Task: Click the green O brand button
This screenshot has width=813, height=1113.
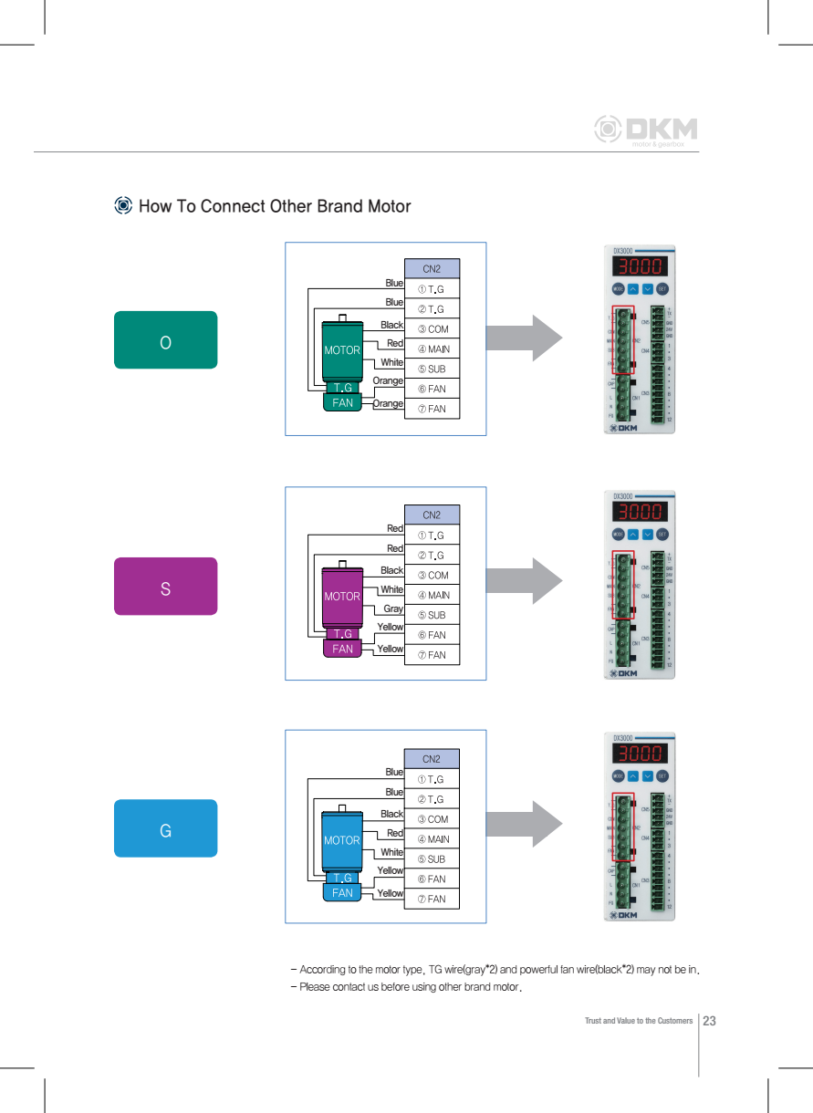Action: pos(165,340)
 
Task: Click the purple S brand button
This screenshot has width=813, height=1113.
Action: pos(165,587)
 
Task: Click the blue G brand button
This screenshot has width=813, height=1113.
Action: pos(165,828)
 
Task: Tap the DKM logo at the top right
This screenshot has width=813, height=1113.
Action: pos(646,130)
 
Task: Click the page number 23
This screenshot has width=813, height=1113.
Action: pos(709,1020)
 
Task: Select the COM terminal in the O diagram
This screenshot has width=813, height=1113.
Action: pos(432,329)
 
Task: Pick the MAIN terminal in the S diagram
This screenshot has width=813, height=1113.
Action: pos(432,596)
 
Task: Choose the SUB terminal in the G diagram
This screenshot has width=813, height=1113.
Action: pos(432,859)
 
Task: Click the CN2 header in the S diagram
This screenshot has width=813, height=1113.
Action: pos(432,515)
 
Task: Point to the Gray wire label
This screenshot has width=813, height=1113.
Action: pos(393,609)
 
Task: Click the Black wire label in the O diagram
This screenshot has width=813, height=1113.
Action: pos(391,325)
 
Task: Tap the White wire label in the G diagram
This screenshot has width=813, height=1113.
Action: pos(391,852)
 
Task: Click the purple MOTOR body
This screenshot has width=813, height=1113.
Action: pos(342,595)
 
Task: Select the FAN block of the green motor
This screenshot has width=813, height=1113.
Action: pos(342,402)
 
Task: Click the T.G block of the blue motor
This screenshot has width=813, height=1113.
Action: pos(342,878)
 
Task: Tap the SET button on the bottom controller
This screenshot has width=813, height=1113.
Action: pos(662,776)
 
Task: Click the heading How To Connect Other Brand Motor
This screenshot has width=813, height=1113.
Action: pos(274,206)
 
